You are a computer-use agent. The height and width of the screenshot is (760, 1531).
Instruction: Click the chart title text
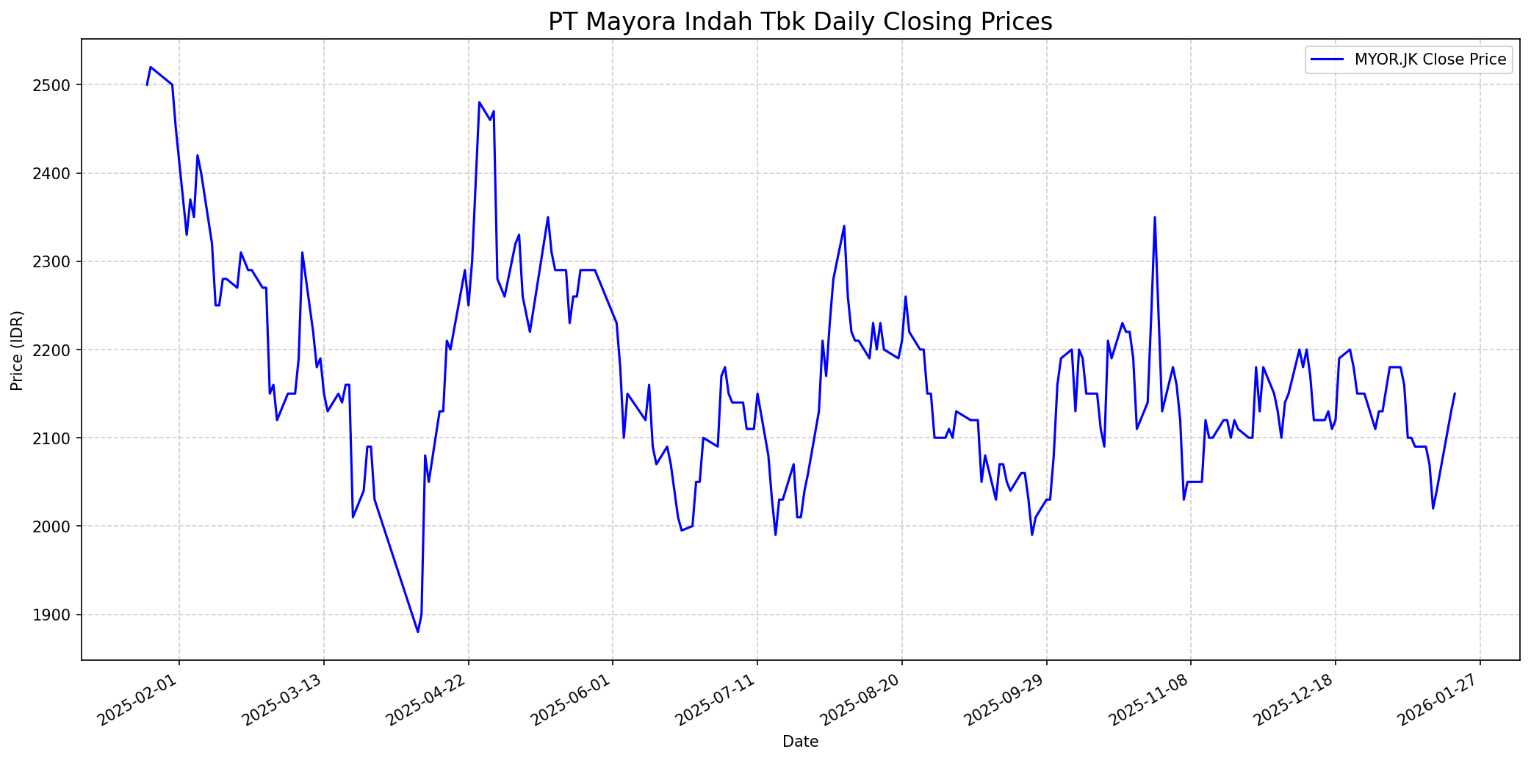[800, 22]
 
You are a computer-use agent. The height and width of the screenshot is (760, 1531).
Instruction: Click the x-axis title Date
[800, 742]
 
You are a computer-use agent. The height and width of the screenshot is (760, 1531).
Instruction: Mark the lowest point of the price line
[418, 631]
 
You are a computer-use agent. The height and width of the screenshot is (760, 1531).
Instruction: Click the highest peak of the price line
[151, 67]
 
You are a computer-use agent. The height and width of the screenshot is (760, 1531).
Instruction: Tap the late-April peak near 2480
[479, 103]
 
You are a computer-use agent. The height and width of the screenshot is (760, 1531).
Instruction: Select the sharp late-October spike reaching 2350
[1155, 217]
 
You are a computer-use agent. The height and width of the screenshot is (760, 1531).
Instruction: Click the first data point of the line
[147, 85]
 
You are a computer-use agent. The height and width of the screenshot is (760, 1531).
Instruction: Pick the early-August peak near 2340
[844, 226]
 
